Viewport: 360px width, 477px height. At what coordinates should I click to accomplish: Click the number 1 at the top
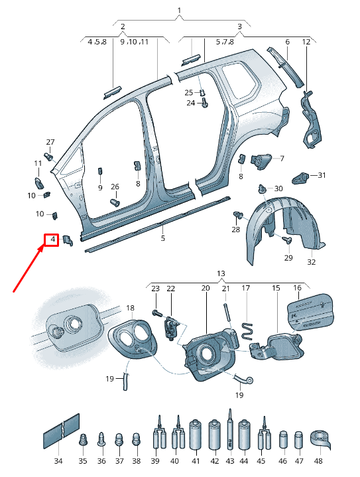pyautogui.click(x=179, y=11)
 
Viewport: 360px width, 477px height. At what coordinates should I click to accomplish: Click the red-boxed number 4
pyautogui.click(x=51, y=239)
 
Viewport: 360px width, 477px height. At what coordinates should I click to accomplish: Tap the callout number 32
pyautogui.click(x=311, y=261)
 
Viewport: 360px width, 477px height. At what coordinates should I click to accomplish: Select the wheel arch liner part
pyautogui.click(x=278, y=226)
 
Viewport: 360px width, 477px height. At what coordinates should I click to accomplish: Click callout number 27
pyautogui.click(x=50, y=143)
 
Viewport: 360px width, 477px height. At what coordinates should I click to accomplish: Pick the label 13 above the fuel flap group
pyautogui.click(x=221, y=273)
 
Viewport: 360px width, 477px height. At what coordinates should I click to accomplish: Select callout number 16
pyautogui.click(x=297, y=288)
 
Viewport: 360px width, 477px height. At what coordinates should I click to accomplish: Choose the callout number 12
pyautogui.click(x=306, y=42)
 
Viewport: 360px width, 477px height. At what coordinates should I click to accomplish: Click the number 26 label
pyautogui.click(x=115, y=187)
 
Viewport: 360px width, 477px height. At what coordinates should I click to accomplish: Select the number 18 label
pyautogui.click(x=130, y=308)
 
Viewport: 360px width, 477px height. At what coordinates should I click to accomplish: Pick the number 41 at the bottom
pyautogui.click(x=196, y=461)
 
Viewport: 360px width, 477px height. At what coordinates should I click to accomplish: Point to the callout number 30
pyautogui.click(x=278, y=189)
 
